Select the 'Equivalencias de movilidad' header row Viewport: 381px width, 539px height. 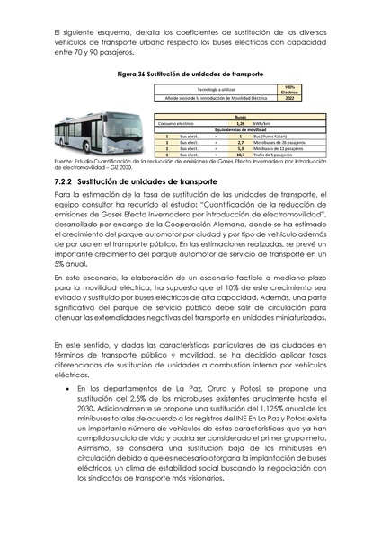[240, 129]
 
